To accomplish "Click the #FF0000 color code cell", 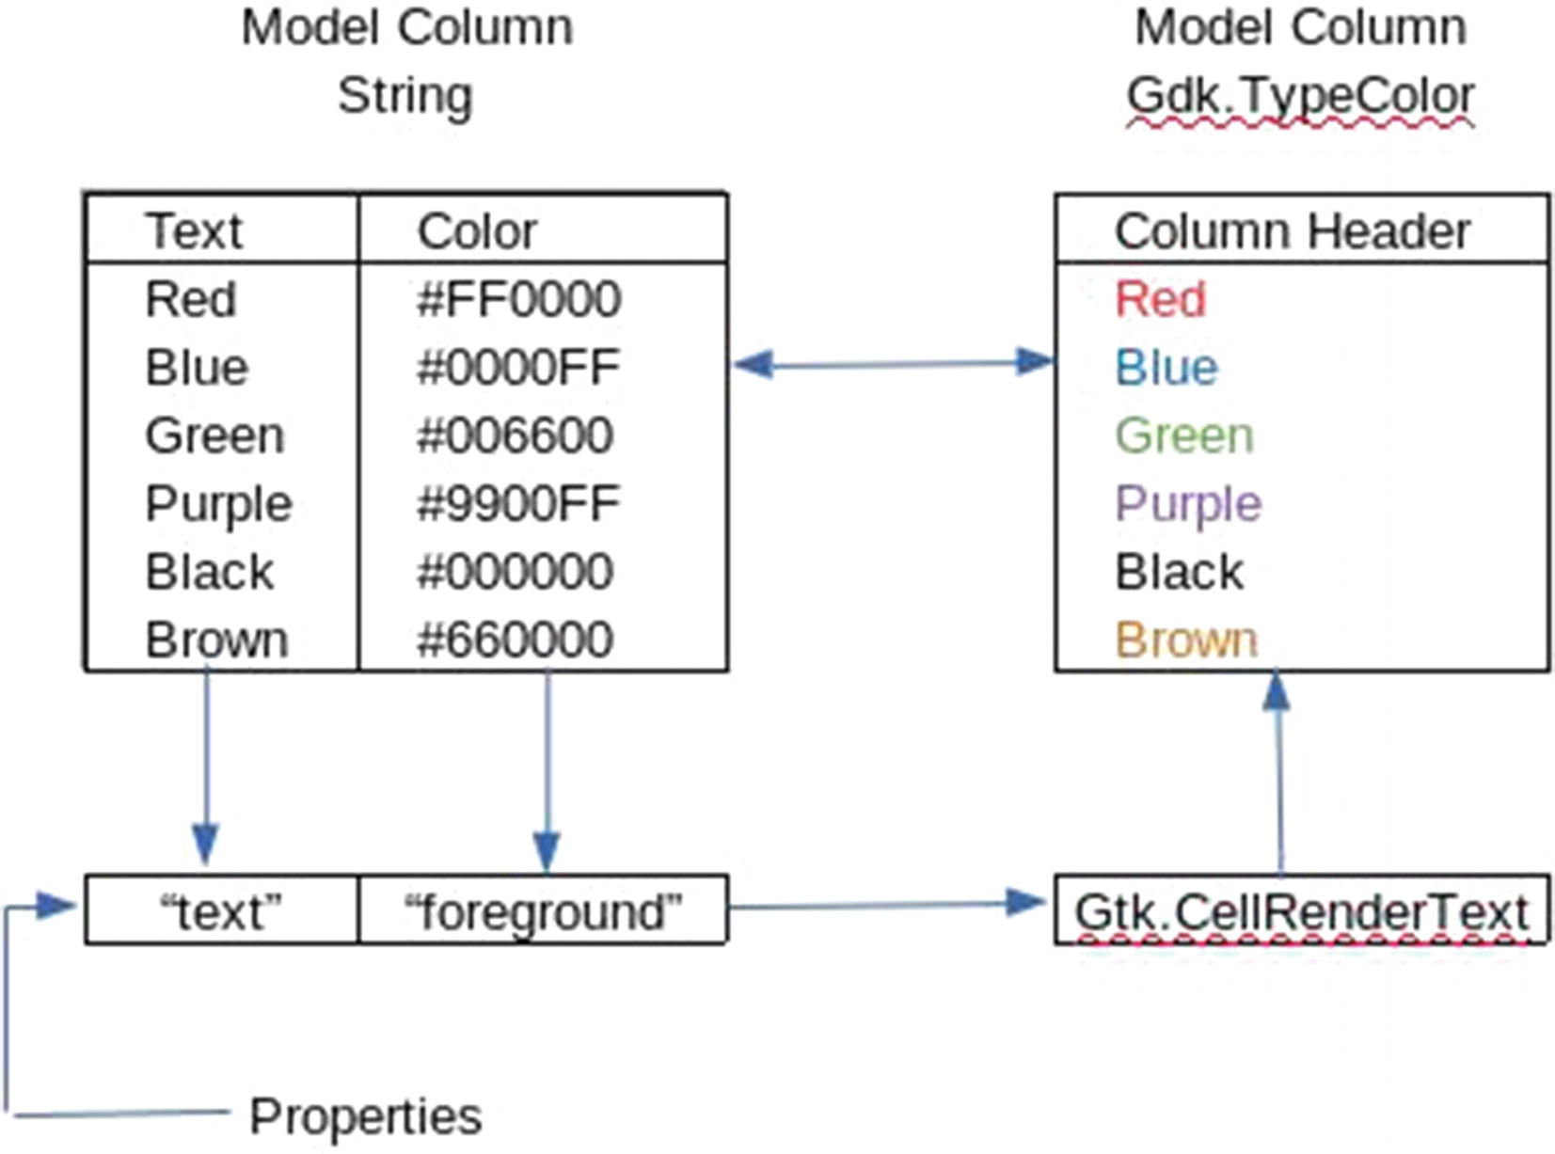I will [x=518, y=300].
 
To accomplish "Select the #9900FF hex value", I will [x=518, y=504].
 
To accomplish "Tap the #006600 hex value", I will [x=515, y=436].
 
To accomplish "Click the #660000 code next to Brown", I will [x=515, y=640].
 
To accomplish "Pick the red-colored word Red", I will [x=1160, y=300].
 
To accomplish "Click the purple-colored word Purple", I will [x=1188, y=504].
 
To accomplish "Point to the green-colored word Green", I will [x=1184, y=436].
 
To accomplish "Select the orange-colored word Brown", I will [x=1186, y=640].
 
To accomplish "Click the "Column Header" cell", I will [x=1292, y=231].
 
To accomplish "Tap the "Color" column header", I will [x=477, y=231].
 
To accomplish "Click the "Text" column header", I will [x=194, y=231].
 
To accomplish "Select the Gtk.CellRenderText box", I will [x=1301, y=911].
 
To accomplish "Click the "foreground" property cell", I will [x=543, y=911].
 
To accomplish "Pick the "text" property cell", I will [x=221, y=911].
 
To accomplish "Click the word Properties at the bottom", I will [x=365, y=1116].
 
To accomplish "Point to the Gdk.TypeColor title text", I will [x=1300, y=96].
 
